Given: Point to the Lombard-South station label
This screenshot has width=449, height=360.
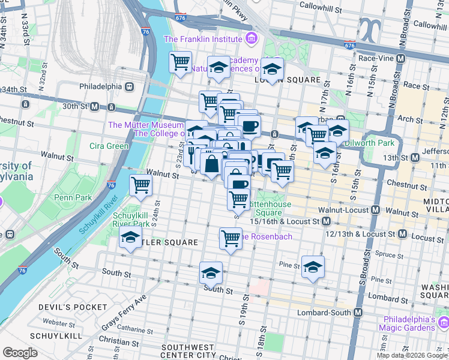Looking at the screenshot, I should (324, 313).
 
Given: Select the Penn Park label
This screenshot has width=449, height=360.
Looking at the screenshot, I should (70, 197).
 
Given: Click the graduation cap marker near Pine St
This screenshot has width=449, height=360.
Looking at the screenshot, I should (313, 267).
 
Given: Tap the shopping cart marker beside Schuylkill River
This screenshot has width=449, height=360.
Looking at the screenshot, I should (140, 186).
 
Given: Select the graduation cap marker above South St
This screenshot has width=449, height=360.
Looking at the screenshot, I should (211, 272).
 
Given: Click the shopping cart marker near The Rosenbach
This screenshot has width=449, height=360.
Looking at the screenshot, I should (231, 239).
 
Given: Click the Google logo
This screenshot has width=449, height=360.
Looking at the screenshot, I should (20, 353).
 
